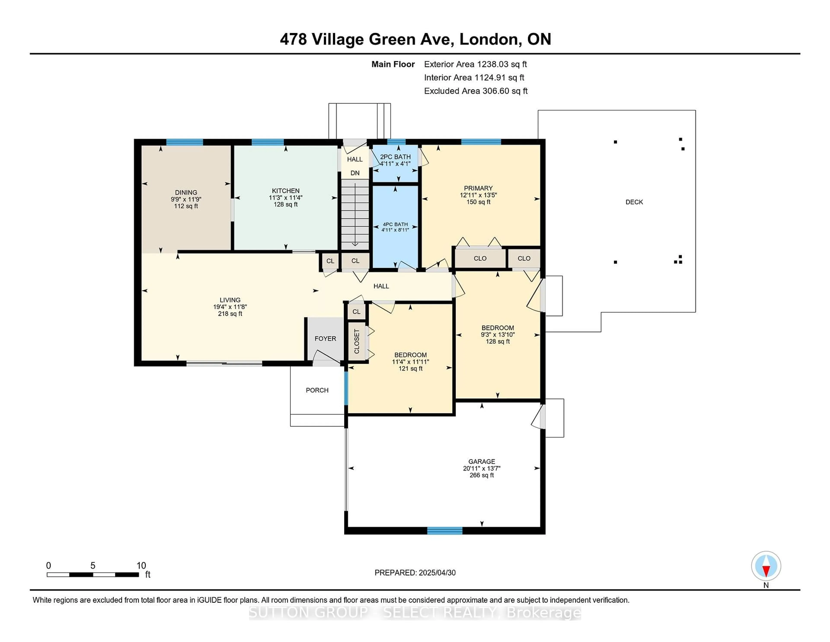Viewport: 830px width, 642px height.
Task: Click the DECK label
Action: pyautogui.click(x=634, y=202)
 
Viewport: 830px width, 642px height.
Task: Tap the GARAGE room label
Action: pyautogui.click(x=482, y=461)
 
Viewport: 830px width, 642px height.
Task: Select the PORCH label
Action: pyautogui.click(x=317, y=390)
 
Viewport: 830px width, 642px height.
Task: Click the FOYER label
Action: pyautogui.click(x=325, y=339)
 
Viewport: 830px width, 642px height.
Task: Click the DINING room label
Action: pyautogui.click(x=186, y=193)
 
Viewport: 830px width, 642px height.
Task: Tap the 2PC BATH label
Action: pyautogui.click(x=395, y=157)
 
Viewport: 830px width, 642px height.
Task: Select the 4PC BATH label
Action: pyautogui.click(x=395, y=224)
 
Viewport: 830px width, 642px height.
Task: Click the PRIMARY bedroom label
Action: pyautogui.click(x=478, y=188)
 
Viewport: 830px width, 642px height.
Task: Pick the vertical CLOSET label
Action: pyautogui.click(x=356, y=341)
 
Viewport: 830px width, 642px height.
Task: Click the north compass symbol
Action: pyautogui.click(x=766, y=566)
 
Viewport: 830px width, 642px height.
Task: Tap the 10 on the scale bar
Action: pyautogui.click(x=141, y=566)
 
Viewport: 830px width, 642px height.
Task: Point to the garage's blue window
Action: pyautogui.click(x=445, y=531)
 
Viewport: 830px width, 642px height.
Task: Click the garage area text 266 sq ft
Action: pyautogui.click(x=482, y=475)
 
